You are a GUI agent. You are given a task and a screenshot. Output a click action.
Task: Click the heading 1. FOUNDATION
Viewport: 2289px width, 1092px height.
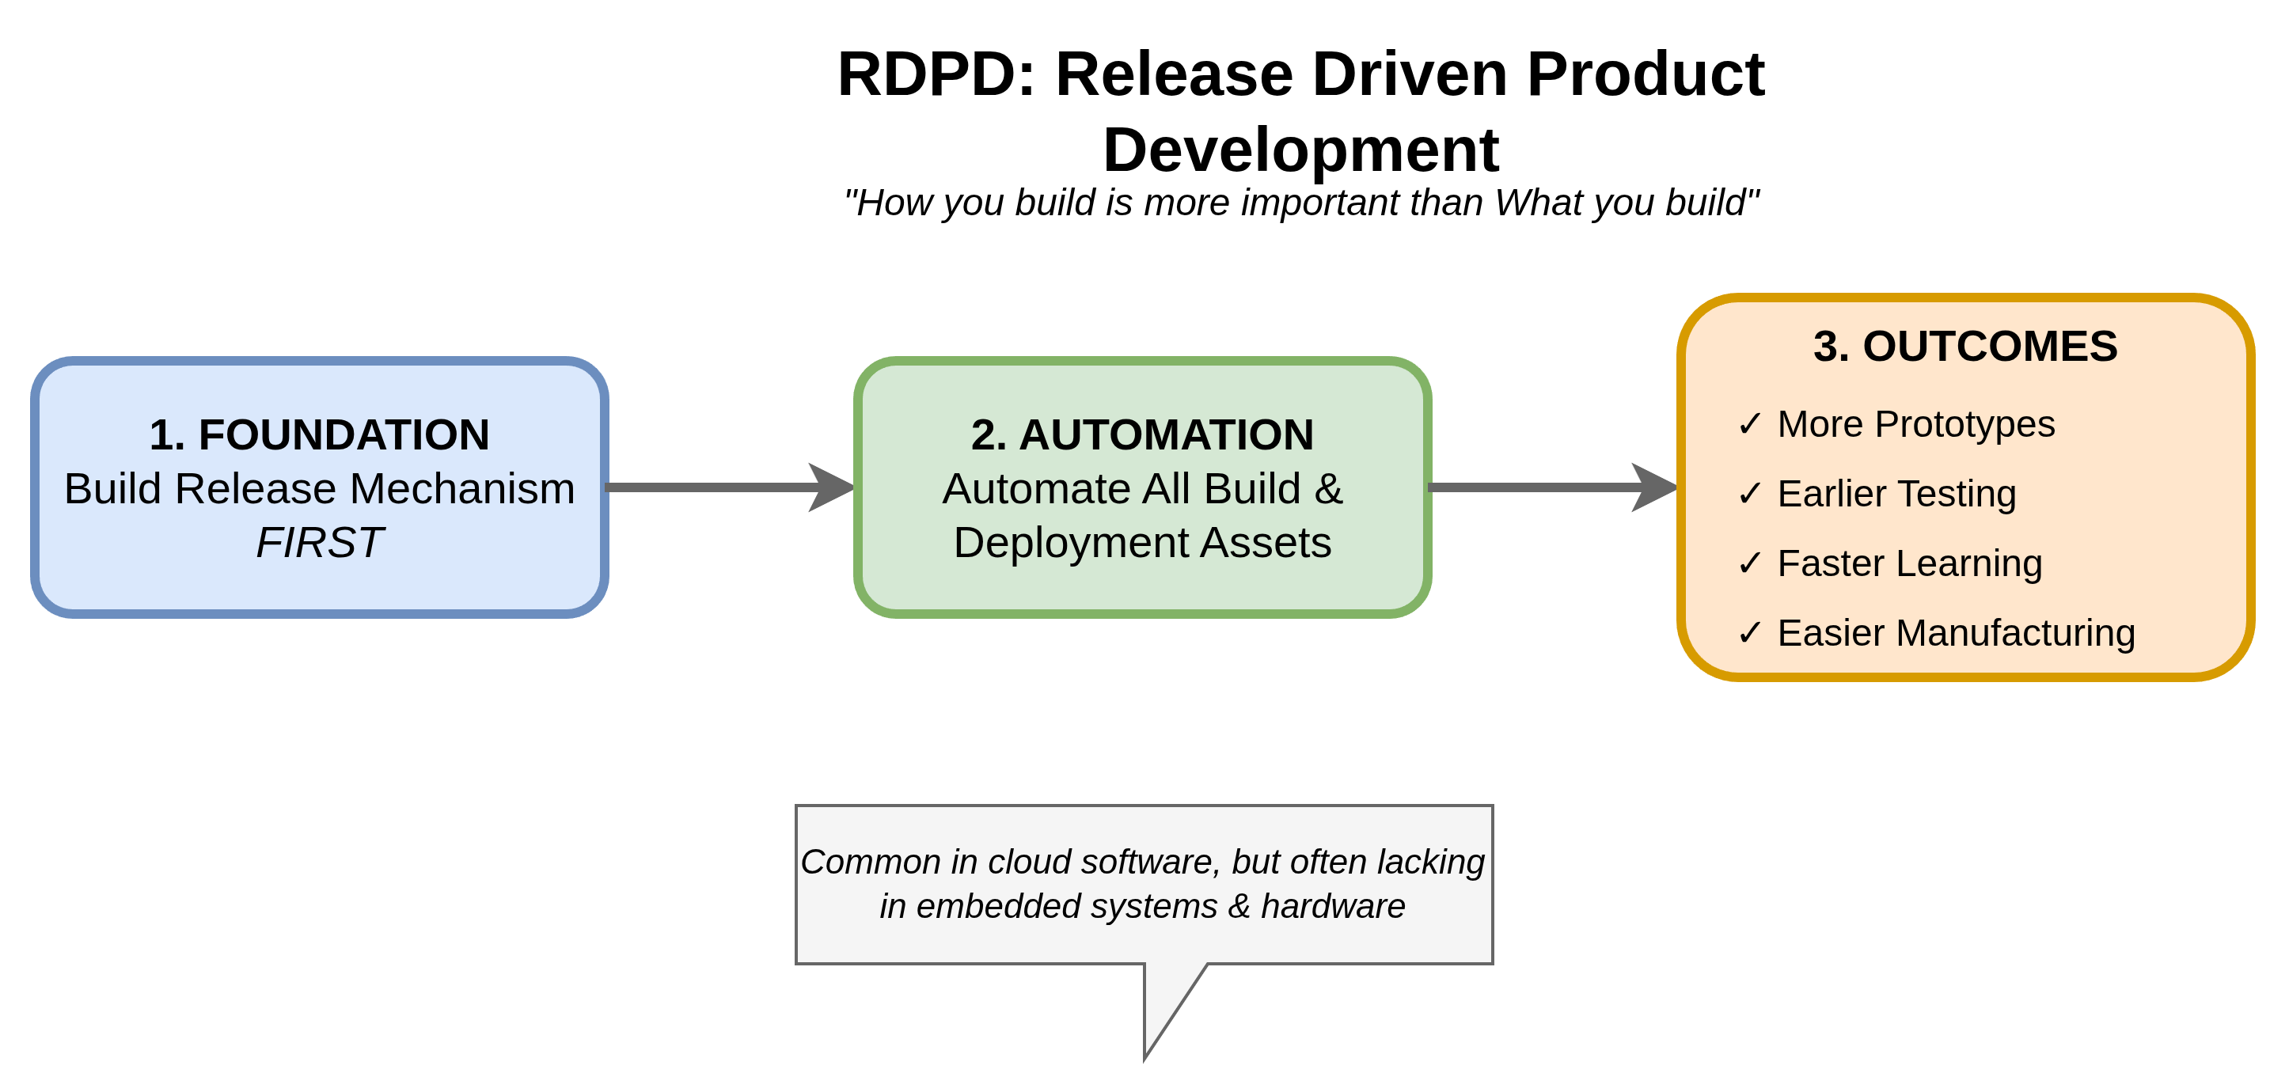click(319, 434)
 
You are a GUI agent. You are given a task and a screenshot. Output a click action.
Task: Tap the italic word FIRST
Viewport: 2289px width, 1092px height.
click(319, 543)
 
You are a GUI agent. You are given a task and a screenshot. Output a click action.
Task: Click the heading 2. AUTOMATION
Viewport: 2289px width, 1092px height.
click(1142, 434)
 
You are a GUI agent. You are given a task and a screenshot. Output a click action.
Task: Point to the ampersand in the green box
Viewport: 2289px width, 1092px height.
click(1328, 489)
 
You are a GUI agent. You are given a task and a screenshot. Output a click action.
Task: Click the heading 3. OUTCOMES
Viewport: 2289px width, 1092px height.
click(1964, 347)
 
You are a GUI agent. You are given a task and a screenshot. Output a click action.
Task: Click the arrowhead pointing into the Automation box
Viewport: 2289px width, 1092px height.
click(831, 487)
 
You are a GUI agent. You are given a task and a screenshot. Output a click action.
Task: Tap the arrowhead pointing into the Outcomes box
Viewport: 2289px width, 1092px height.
click(1653, 487)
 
